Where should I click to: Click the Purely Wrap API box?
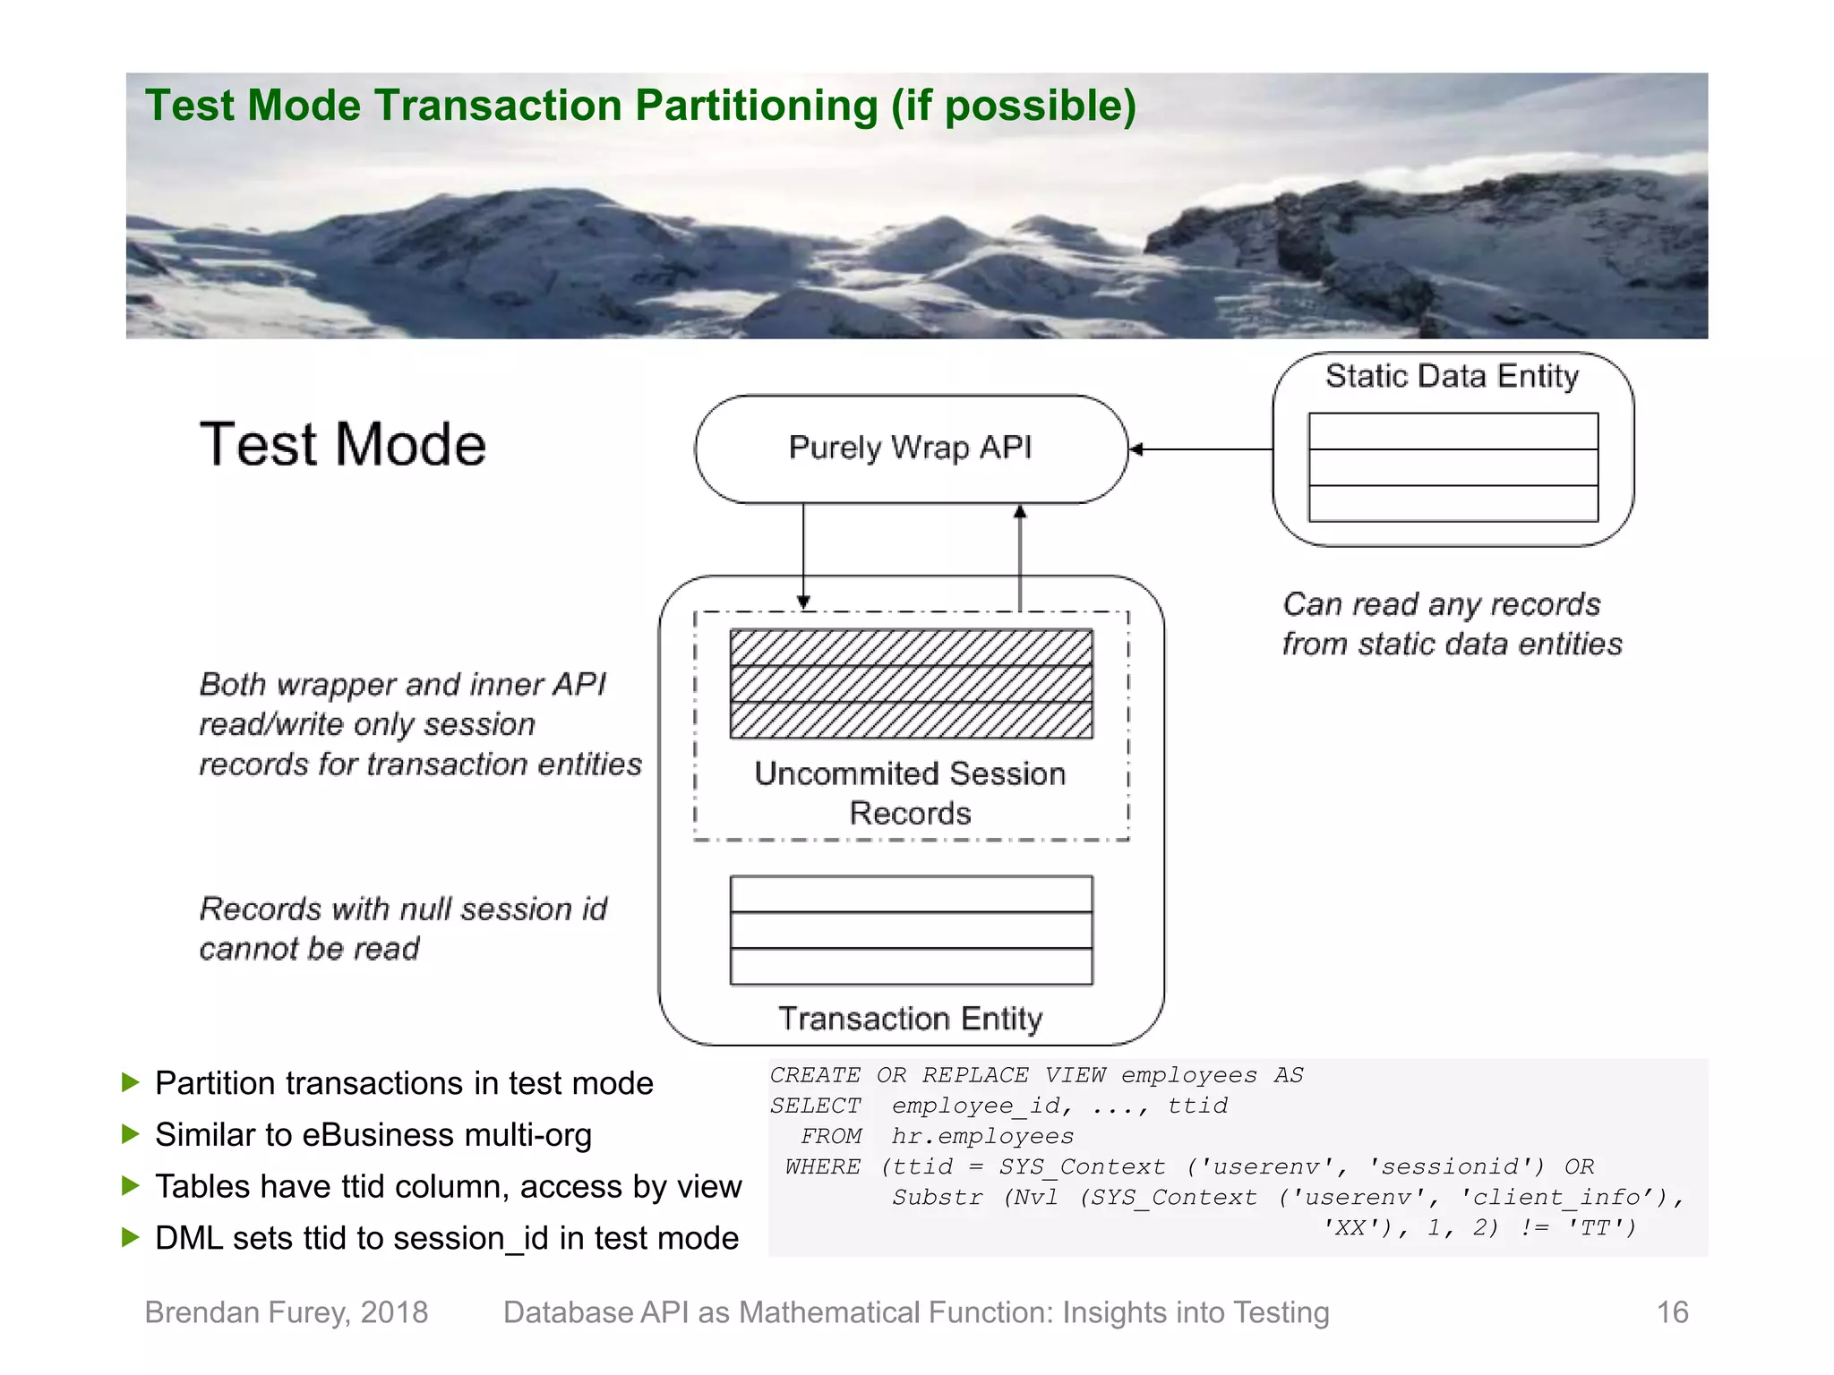click(x=910, y=448)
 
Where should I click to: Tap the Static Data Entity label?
click(x=1452, y=376)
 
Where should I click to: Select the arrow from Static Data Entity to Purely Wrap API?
click(x=1200, y=449)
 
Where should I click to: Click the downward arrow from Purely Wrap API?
click(x=803, y=555)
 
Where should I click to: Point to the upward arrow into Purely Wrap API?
click(x=1020, y=555)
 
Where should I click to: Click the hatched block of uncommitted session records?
click(x=911, y=684)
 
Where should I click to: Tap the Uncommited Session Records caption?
click(x=910, y=792)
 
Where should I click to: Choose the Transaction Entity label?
click(x=910, y=1019)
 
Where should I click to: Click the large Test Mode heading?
click(x=342, y=445)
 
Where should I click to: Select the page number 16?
click(x=1671, y=1312)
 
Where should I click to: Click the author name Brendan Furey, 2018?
click(x=287, y=1312)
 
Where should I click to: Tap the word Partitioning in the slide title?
click(x=757, y=106)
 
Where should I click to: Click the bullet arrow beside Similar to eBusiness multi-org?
click(x=131, y=1134)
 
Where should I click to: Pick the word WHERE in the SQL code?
click(x=822, y=1167)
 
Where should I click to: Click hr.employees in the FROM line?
click(x=982, y=1137)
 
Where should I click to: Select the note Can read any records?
click(x=1441, y=605)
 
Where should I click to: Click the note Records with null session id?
click(x=403, y=910)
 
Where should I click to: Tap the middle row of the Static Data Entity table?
click(x=1453, y=467)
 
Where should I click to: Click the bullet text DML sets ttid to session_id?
click(x=446, y=1238)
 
